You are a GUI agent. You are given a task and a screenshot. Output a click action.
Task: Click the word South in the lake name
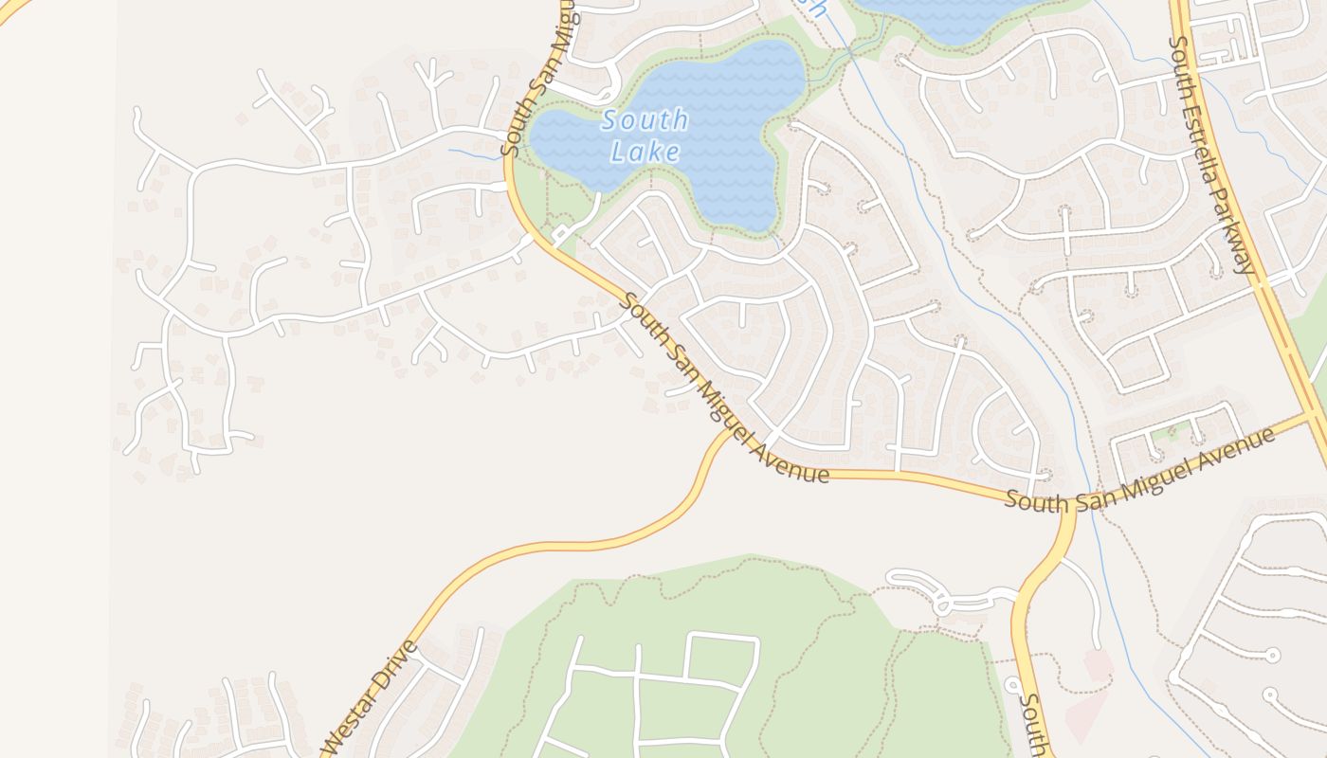point(645,121)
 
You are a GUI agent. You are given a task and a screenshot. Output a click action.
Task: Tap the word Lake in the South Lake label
point(645,152)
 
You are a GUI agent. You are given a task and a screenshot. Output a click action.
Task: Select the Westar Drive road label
point(370,698)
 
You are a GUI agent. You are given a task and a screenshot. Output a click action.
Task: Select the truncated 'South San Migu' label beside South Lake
point(537,81)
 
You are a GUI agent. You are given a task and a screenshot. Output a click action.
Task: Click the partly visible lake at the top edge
point(948,19)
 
